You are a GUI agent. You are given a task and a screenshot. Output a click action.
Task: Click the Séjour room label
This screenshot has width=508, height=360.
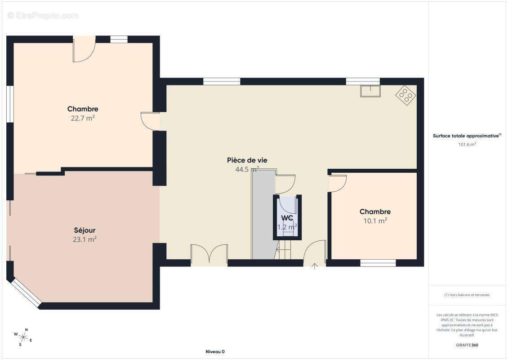tap(85, 230)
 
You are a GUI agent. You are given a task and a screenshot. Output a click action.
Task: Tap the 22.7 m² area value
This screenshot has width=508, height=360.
tap(83, 118)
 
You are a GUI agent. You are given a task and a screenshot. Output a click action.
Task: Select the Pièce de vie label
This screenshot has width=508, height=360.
tap(247, 160)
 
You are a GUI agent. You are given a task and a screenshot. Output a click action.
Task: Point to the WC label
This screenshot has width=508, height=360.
tap(287, 218)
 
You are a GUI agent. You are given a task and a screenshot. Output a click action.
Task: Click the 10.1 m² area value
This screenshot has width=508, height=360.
tap(375, 221)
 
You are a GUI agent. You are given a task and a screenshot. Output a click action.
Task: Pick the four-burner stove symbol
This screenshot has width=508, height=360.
tap(406, 95)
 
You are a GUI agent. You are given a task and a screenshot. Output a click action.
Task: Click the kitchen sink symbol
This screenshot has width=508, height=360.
tap(370, 91)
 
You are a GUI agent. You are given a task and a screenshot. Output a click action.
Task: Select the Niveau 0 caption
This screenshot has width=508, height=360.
tap(215, 351)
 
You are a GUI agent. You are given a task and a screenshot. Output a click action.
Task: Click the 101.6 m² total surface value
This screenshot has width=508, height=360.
tap(467, 144)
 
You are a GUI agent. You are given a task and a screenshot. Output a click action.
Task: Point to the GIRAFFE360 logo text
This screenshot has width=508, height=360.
tap(467, 345)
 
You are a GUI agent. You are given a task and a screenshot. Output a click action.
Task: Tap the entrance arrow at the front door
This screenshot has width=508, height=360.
tap(314, 266)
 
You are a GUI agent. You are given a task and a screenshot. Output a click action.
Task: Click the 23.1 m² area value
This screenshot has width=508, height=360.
tap(85, 240)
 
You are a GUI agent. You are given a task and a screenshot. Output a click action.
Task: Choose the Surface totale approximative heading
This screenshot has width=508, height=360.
tap(467, 136)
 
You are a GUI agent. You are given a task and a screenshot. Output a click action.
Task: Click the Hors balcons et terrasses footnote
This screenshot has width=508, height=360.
tap(467, 295)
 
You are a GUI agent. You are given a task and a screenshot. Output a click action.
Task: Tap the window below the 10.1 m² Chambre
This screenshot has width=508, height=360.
tap(378, 263)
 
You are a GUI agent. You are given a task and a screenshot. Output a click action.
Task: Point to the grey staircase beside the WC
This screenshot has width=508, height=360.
tap(263, 214)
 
